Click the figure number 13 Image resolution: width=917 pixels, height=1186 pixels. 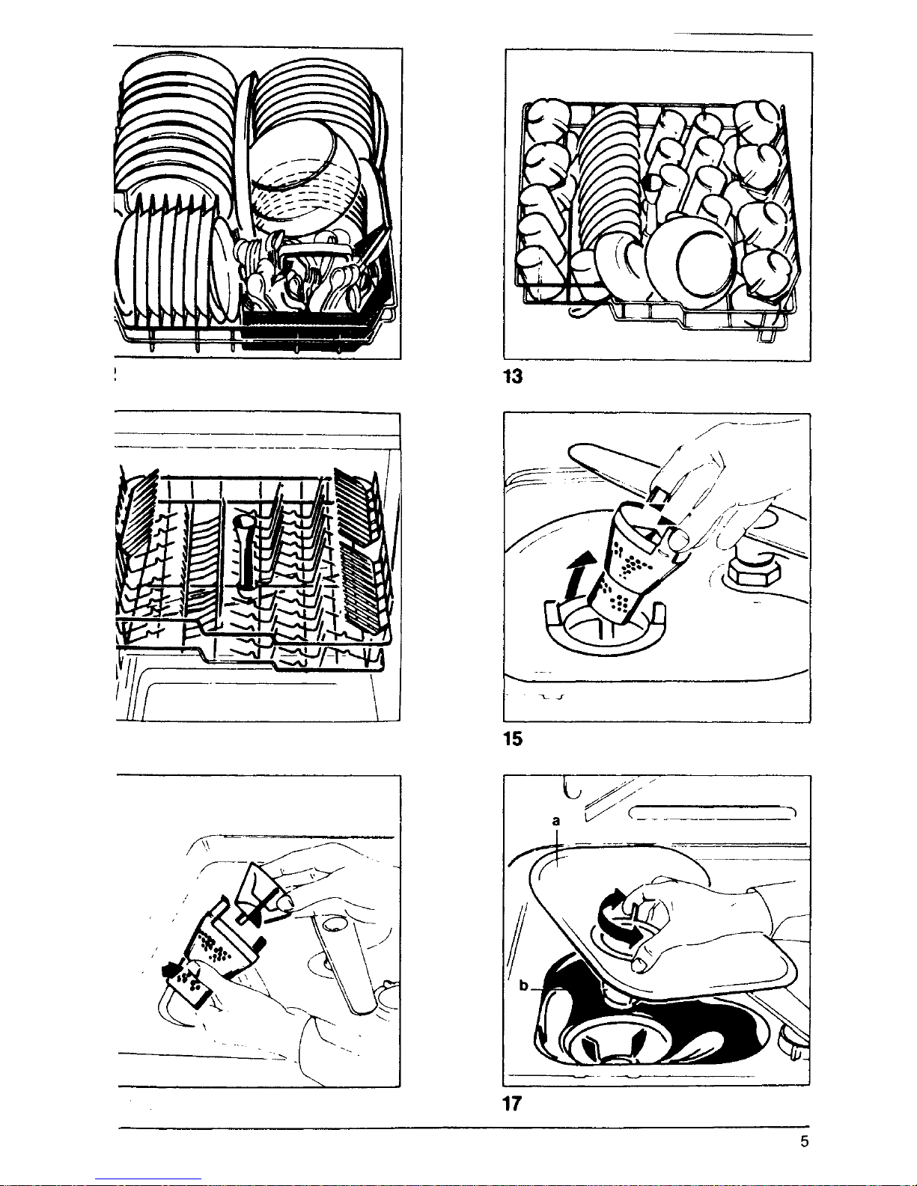[x=513, y=376]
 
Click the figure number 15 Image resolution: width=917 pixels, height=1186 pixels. [x=513, y=739]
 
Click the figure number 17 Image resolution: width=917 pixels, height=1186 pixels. [x=512, y=1104]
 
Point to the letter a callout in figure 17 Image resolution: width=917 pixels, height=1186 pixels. [x=556, y=821]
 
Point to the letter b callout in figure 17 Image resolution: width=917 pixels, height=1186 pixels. [x=524, y=985]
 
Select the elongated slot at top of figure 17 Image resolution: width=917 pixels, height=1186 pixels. [x=713, y=813]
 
